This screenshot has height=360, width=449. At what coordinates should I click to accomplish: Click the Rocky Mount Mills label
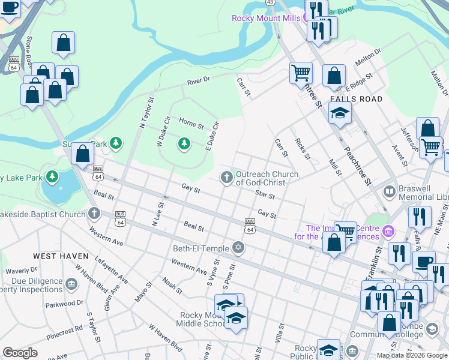click(266, 18)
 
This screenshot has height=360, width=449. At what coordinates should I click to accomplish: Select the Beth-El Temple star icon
click(238, 248)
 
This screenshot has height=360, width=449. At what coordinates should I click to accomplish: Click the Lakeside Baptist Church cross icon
click(94, 214)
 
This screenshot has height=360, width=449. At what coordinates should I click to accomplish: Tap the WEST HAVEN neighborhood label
click(61, 256)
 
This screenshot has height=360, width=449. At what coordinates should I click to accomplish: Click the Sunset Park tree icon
click(116, 143)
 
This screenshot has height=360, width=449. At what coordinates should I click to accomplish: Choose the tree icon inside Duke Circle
click(184, 143)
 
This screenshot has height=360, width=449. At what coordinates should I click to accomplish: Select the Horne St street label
click(191, 124)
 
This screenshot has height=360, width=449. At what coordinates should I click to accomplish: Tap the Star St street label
click(265, 195)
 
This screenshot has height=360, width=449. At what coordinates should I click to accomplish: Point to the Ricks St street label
click(303, 149)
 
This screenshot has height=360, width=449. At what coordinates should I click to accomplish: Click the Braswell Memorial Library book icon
click(390, 192)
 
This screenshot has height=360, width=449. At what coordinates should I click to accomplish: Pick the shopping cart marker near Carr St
click(301, 73)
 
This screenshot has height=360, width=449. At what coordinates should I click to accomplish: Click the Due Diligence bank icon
click(72, 283)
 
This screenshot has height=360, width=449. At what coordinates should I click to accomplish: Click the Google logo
click(20, 353)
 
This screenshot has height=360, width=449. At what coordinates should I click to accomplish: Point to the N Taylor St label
click(143, 113)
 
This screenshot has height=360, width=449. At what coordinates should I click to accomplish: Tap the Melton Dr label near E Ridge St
click(368, 56)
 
